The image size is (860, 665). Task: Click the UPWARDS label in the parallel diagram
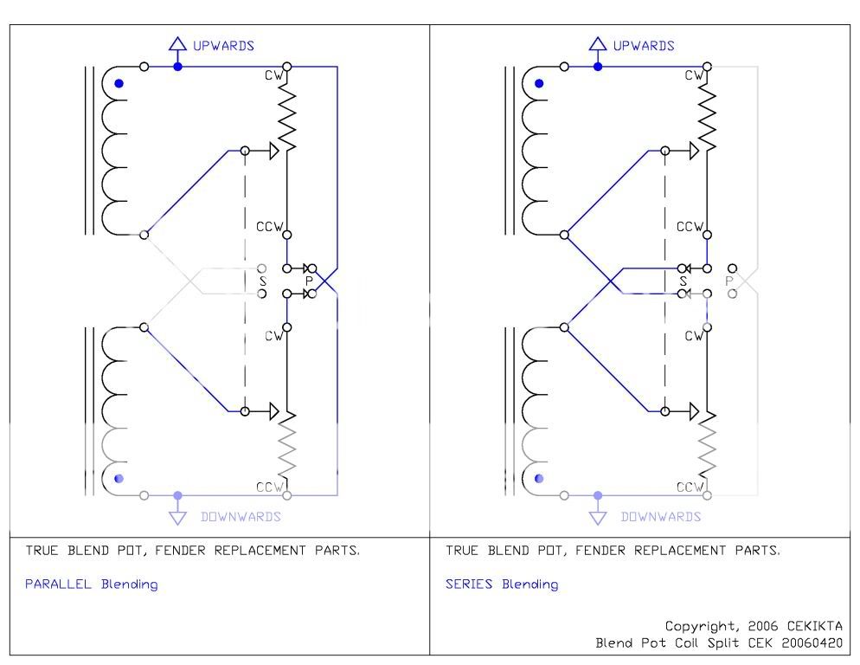click(223, 46)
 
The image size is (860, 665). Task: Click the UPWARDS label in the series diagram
click(644, 46)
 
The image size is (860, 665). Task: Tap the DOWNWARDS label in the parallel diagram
click(241, 517)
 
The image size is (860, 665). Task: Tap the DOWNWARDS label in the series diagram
click(661, 517)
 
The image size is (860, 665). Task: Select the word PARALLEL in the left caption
click(58, 584)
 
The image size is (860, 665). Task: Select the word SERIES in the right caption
click(469, 584)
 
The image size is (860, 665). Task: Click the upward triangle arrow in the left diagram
click(177, 44)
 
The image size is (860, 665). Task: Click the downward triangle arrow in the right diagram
click(598, 518)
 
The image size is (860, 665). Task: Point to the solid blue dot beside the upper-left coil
click(119, 83)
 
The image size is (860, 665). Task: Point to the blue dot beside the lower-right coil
click(539, 478)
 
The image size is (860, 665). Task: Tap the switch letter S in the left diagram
click(263, 281)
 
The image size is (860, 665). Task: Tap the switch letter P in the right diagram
click(728, 281)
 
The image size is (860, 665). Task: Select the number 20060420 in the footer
click(812, 642)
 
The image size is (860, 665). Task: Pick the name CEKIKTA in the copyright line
click(814, 626)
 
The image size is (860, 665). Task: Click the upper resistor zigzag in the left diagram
click(287, 116)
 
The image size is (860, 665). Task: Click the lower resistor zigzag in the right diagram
click(707, 445)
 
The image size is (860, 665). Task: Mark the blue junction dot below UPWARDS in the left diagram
click(177, 67)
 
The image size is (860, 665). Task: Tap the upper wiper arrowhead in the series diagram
click(695, 151)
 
